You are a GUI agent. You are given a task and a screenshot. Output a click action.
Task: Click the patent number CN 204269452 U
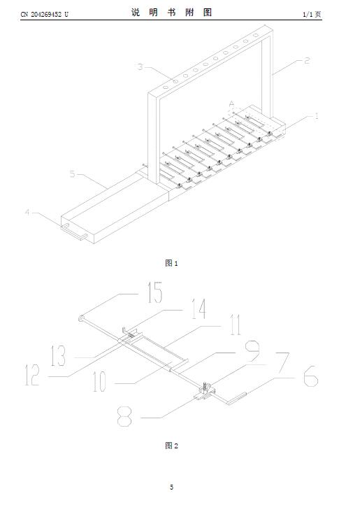(45, 15)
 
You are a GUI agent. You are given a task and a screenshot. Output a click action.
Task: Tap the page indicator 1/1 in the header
(307, 15)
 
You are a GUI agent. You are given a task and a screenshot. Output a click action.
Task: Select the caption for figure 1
(171, 263)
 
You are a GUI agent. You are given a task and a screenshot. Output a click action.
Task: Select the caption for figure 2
(171, 446)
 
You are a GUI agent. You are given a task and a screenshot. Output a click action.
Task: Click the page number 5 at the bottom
(172, 487)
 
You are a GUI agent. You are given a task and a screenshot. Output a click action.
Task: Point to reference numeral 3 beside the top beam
(140, 66)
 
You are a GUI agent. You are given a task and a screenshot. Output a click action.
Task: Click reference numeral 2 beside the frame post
(307, 61)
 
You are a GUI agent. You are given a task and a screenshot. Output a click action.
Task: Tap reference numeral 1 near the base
(317, 116)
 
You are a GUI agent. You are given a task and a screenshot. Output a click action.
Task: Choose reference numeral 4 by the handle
(28, 212)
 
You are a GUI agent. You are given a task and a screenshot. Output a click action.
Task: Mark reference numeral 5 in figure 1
(73, 174)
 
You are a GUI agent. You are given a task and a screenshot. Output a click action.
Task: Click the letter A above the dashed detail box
(231, 104)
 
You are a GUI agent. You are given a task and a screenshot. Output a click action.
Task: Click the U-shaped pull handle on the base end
(73, 232)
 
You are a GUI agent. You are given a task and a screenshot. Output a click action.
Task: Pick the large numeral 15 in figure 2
(155, 292)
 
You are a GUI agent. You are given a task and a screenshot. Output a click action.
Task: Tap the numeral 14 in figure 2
(199, 308)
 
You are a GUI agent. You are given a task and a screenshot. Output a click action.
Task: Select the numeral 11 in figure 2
(235, 325)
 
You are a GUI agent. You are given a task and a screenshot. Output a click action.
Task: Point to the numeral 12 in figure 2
(33, 375)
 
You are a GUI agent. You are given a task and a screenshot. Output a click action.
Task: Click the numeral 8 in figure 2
(124, 416)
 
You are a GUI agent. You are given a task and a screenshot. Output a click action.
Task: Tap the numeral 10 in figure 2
(99, 381)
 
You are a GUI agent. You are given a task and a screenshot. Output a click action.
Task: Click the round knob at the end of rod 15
(80, 319)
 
